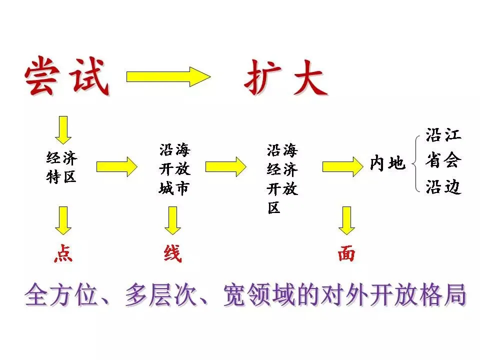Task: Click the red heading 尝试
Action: [x=67, y=76]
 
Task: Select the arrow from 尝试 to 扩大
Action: [x=168, y=76]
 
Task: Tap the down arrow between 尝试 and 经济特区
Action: [x=63, y=129]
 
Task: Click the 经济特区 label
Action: [x=61, y=168]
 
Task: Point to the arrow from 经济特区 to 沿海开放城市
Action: [x=116, y=166]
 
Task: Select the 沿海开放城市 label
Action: [x=174, y=168]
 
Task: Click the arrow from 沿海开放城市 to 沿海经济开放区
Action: [x=225, y=166]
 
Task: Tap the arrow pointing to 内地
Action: [x=342, y=166]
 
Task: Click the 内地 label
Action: [x=387, y=163]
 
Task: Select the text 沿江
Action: [x=443, y=134]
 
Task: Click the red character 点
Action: [x=63, y=254]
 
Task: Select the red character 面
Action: [x=346, y=254]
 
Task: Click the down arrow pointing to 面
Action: [x=346, y=220]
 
